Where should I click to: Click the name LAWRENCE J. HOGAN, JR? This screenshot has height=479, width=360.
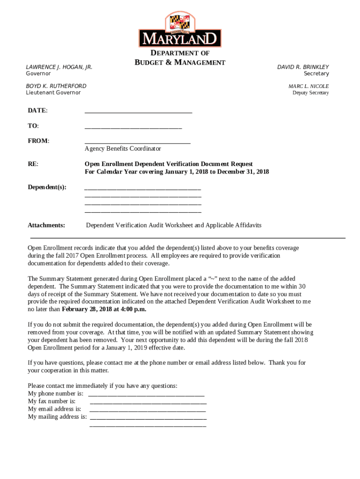tap(59, 67)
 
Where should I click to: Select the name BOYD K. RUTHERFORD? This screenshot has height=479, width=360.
tap(56, 86)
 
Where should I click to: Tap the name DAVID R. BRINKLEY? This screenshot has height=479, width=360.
tap(303, 67)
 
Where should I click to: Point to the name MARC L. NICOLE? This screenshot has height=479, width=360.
tap(309, 86)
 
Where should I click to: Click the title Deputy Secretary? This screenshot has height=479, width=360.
tap(310, 93)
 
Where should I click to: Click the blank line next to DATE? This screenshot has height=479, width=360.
tap(138, 112)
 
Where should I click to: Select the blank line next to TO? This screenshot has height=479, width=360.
tap(133, 127)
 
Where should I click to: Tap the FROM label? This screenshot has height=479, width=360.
tap(38, 141)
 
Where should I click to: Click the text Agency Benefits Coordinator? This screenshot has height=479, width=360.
tap(122, 148)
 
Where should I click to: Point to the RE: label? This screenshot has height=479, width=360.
tap(33, 164)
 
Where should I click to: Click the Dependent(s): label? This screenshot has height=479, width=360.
tap(47, 187)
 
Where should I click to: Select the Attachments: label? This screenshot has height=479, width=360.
tap(46, 225)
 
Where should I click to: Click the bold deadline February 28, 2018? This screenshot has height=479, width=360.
tap(90, 309)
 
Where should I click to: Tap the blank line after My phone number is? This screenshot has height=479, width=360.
tap(146, 395)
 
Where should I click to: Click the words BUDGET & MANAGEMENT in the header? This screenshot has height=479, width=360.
tap(180, 63)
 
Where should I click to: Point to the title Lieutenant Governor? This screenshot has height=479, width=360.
tap(53, 93)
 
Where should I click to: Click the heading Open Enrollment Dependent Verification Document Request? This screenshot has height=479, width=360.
tap(168, 164)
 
